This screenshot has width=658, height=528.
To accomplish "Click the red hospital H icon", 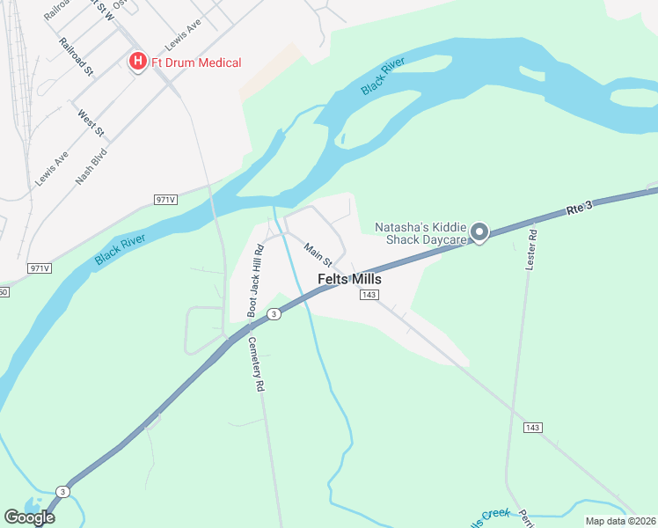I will pyautogui.click(x=137, y=62).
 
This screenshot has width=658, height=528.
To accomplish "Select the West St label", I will pyautogui.click(x=91, y=123).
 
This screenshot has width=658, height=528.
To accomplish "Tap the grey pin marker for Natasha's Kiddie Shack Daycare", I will pyautogui.click(x=479, y=232).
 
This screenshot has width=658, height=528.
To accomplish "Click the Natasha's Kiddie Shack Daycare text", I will pyautogui.click(x=420, y=233).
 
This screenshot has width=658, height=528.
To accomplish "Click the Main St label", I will pyautogui.click(x=317, y=256).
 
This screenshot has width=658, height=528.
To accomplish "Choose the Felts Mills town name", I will pyautogui.click(x=349, y=278).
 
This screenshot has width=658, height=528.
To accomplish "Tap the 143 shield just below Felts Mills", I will pyautogui.click(x=369, y=295).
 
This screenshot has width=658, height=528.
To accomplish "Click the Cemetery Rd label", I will pyautogui.click(x=257, y=364).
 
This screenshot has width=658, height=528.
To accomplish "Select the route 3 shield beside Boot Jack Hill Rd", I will pyautogui.click(x=274, y=314).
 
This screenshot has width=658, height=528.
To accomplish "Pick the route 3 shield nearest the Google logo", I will pyautogui.click(x=62, y=491).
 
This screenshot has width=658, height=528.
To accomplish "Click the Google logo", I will pyautogui.click(x=29, y=517).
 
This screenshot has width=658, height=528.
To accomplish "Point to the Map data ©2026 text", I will pyautogui.click(x=620, y=521).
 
